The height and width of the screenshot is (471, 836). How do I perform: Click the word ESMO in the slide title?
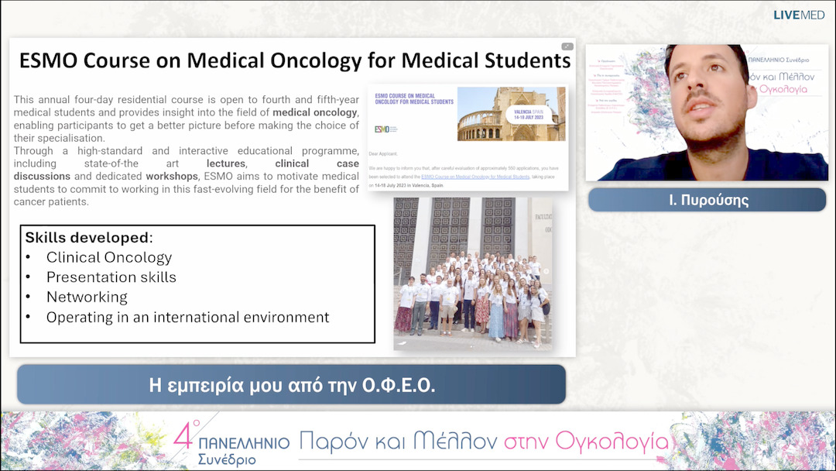click(48, 60)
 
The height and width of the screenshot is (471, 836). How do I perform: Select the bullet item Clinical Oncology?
click(108, 257)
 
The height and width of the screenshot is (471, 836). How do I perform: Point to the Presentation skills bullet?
click(111, 277)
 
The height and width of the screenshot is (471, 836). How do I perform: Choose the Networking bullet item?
click(87, 297)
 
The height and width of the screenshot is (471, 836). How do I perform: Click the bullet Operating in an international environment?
click(187, 318)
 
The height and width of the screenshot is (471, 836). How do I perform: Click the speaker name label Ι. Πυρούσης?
click(707, 200)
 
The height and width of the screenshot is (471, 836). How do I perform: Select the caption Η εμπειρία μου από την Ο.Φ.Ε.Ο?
click(291, 385)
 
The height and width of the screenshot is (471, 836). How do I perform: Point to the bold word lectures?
click(225, 163)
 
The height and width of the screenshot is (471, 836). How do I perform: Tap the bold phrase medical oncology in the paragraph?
click(315, 112)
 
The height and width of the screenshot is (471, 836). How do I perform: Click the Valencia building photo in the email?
click(511, 114)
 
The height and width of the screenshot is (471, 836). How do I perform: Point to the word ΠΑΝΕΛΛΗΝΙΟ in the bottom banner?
click(244, 443)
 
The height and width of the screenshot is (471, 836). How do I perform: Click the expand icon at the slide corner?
click(567, 46)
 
